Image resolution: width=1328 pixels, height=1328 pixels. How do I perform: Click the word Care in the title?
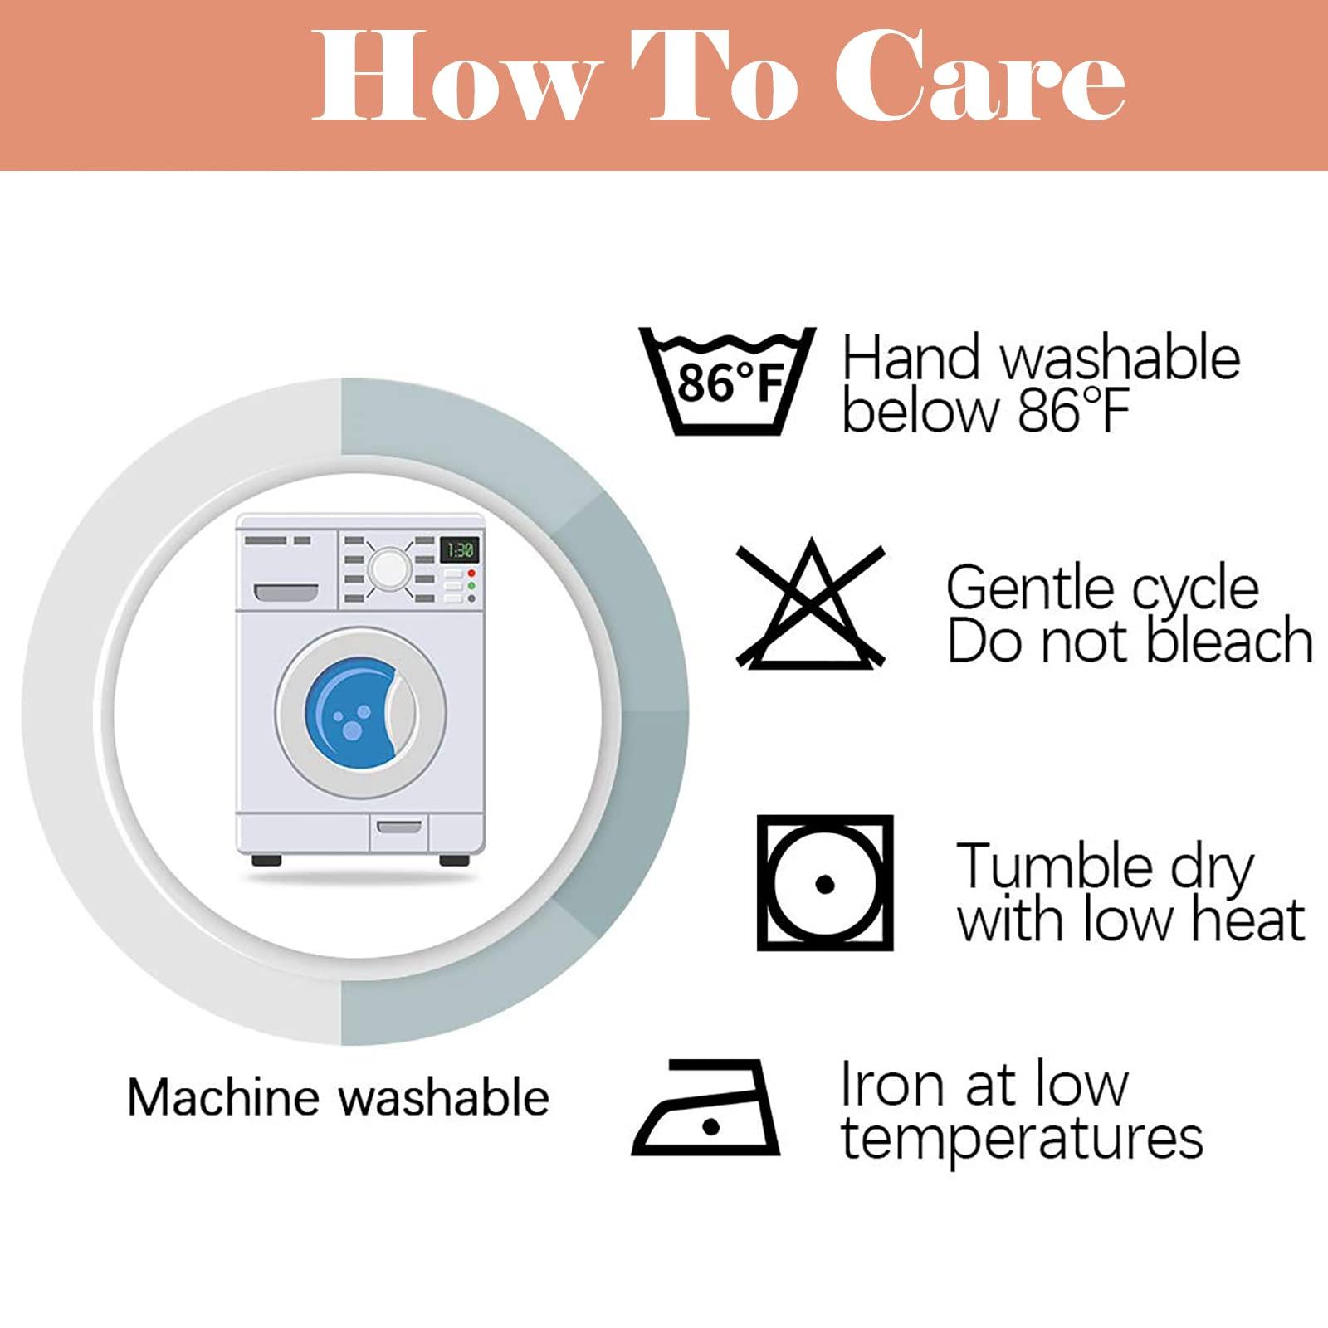[x=980, y=76]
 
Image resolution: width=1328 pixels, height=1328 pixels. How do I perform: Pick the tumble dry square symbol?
[x=825, y=882]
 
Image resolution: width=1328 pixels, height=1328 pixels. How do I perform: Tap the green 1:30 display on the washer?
[x=459, y=549]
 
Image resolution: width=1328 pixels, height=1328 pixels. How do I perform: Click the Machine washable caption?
[x=339, y=1096]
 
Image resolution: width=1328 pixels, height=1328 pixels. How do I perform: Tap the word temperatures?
[x=1022, y=1139]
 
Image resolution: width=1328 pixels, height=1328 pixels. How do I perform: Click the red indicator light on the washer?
[x=471, y=573]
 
